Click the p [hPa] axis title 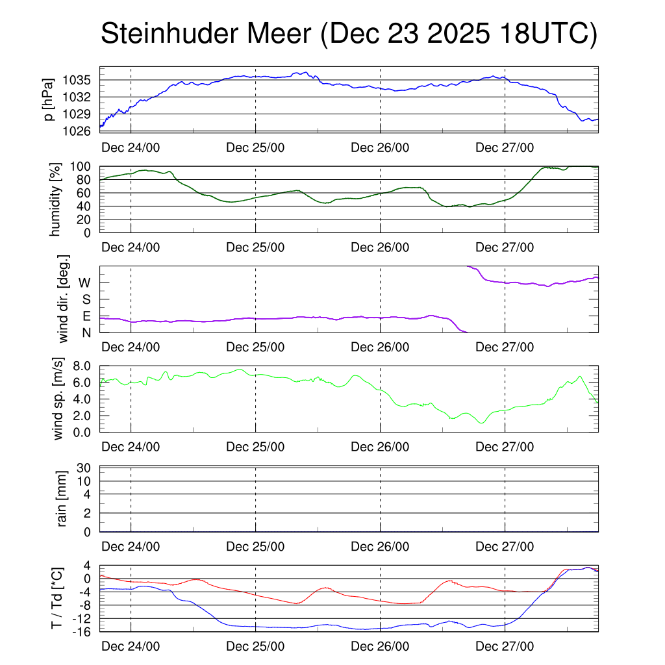point(49,99)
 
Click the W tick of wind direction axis point(84,282)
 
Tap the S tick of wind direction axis point(86,299)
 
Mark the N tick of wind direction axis point(86,332)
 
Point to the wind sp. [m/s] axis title point(58,399)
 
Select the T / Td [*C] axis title point(57,598)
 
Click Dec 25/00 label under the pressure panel point(255,147)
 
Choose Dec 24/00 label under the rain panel point(131,547)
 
